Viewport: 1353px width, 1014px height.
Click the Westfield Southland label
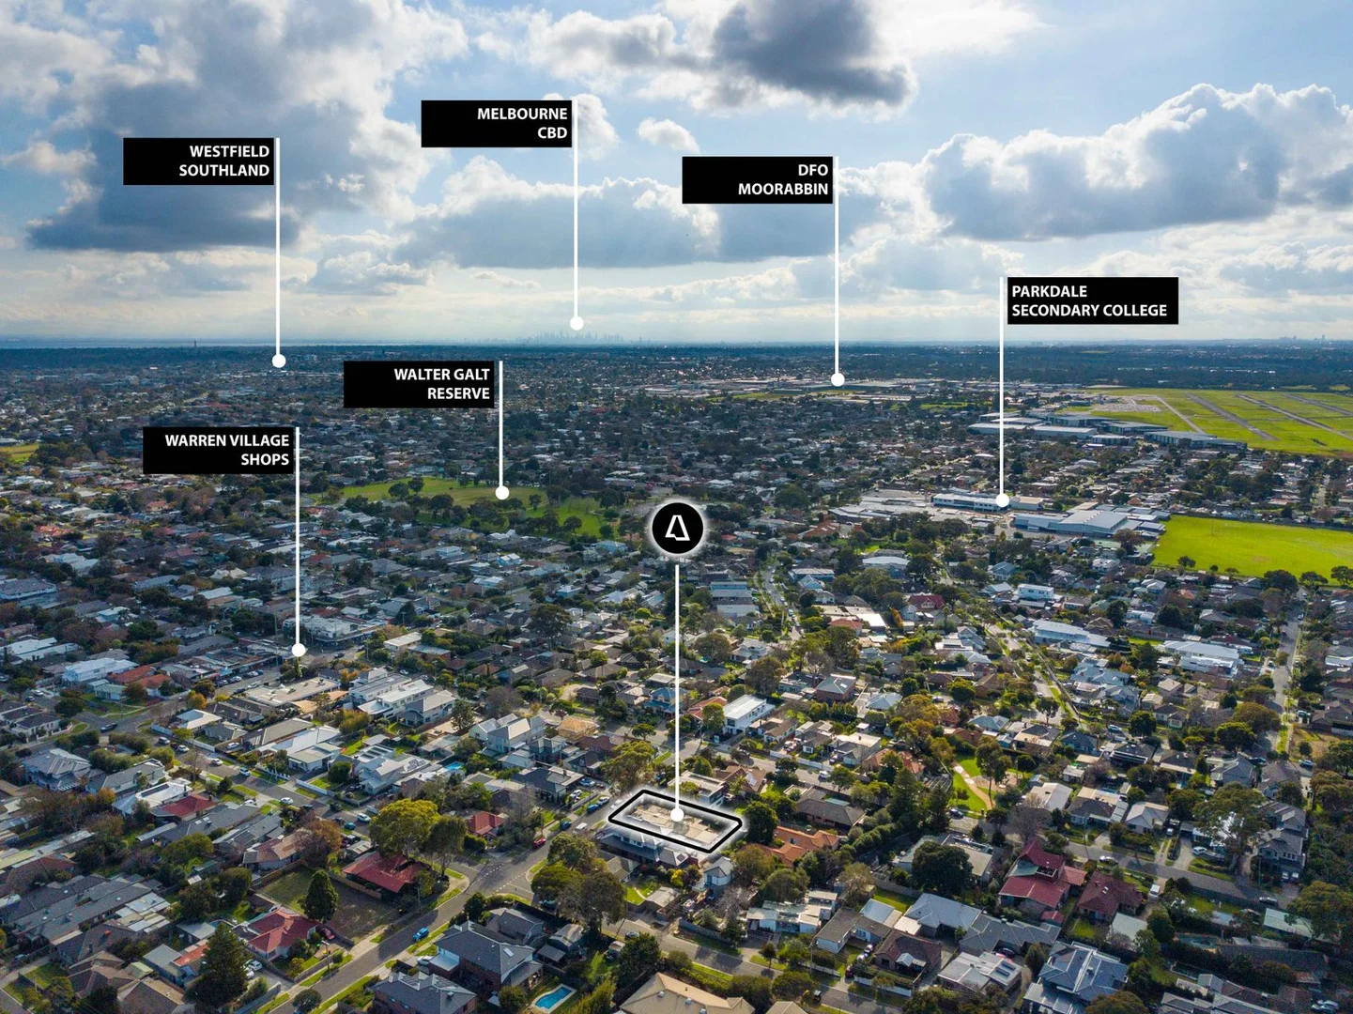click(x=198, y=161)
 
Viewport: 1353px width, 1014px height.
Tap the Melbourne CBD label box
click(x=496, y=123)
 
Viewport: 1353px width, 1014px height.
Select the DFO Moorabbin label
click(x=757, y=179)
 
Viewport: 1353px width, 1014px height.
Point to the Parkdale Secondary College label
click(x=1093, y=300)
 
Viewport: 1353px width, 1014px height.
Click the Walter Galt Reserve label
click(x=419, y=384)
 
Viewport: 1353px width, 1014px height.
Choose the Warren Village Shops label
click(x=218, y=450)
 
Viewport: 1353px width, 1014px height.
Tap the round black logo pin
click(x=677, y=529)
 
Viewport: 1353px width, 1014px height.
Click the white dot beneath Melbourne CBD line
click(x=577, y=323)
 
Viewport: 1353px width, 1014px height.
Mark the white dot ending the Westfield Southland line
click(x=279, y=361)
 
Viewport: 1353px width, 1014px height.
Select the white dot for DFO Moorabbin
click(x=838, y=379)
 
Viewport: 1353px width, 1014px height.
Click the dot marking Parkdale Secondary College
click(x=1002, y=500)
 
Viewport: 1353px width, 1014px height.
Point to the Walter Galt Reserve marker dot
click(x=501, y=493)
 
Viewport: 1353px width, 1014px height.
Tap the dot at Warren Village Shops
click(x=299, y=650)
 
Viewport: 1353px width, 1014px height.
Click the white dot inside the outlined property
click(x=677, y=815)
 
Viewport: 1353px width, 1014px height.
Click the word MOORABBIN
click(x=783, y=190)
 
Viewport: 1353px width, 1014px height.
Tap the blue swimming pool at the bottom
click(x=554, y=997)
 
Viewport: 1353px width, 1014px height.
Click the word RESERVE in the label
click(x=458, y=393)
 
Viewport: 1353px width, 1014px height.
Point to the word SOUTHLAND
click(x=224, y=170)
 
